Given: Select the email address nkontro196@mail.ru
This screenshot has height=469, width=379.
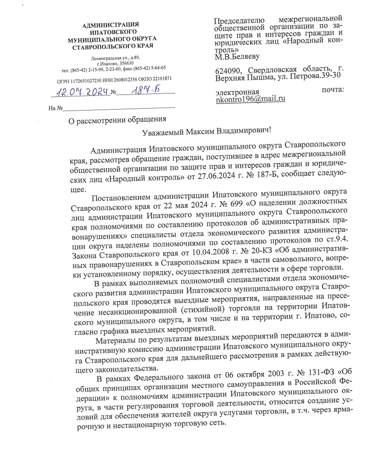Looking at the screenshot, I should tap(250, 99).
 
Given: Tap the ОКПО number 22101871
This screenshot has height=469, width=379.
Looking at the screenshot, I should tap(161, 79).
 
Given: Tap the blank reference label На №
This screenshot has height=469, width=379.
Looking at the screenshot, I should tap(56, 109).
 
